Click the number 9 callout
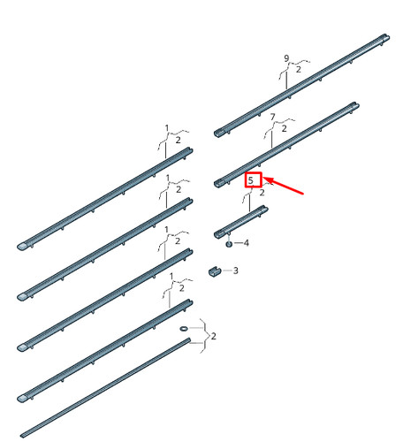286,58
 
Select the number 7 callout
272,117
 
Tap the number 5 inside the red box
251,180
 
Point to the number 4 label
247,243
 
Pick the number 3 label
236,271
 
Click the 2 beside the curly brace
214,336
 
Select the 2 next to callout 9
299,70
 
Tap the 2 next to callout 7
284,128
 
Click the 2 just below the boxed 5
262,193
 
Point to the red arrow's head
264,178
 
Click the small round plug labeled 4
229,244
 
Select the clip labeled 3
215,271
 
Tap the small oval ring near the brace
183,328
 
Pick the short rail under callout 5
241,222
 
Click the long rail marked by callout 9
301,86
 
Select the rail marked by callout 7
286,145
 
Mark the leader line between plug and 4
238,243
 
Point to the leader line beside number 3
227,271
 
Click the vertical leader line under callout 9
286,80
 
